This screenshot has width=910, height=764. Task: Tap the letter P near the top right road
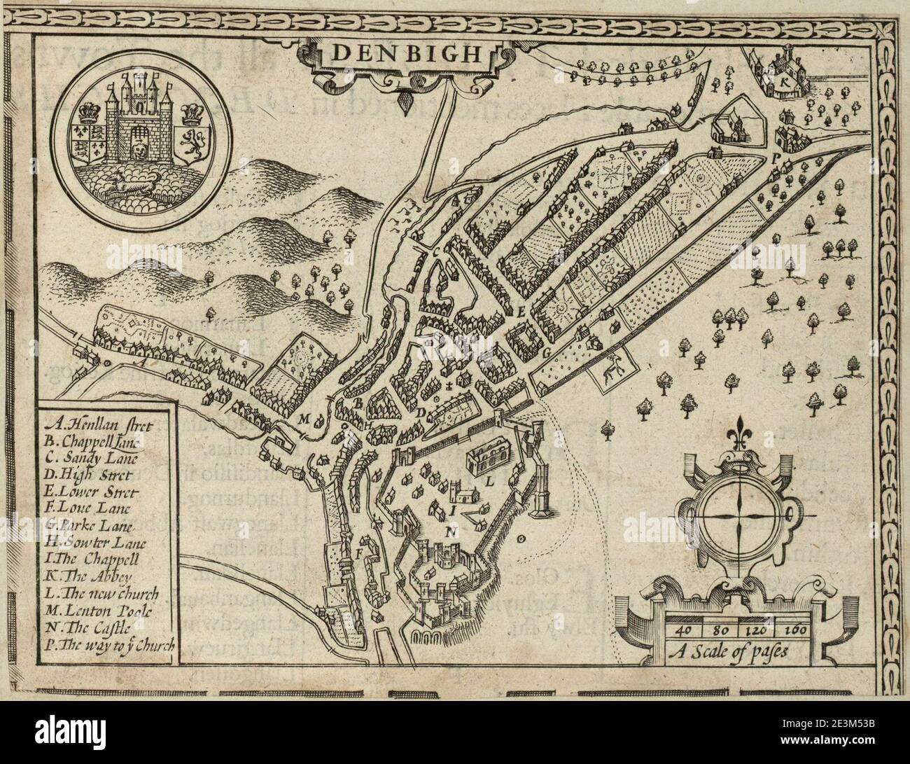(x=775, y=159)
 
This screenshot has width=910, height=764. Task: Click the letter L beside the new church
(x=490, y=480)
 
